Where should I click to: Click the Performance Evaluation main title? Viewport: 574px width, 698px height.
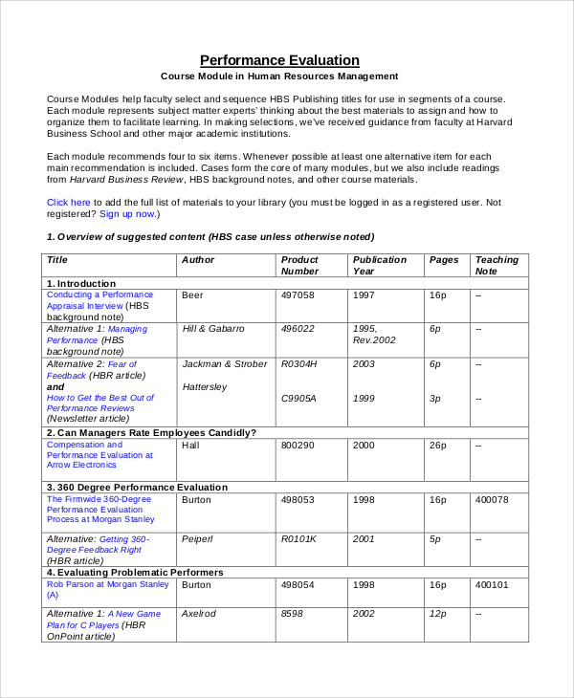(279, 59)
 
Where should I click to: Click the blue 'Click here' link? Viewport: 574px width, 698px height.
(69, 202)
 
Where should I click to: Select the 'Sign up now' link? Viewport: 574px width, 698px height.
(126, 214)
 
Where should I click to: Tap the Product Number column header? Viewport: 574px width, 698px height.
(299, 265)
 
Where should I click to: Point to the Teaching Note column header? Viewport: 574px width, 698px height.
(497, 265)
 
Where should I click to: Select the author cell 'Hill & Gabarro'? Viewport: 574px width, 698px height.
(212, 329)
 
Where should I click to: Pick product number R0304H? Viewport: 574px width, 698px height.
(298, 364)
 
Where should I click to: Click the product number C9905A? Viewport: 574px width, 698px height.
(298, 398)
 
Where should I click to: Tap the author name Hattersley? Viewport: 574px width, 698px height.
(204, 387)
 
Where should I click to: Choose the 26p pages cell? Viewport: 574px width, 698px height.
(438, 445)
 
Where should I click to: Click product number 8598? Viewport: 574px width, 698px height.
(291, 614)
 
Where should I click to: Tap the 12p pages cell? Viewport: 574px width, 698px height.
(438, 614)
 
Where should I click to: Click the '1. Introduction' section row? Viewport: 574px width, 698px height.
(81, 283)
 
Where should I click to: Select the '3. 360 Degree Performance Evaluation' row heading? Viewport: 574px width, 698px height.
(137, 487)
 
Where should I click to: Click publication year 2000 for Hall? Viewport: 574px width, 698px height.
(364, 445)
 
